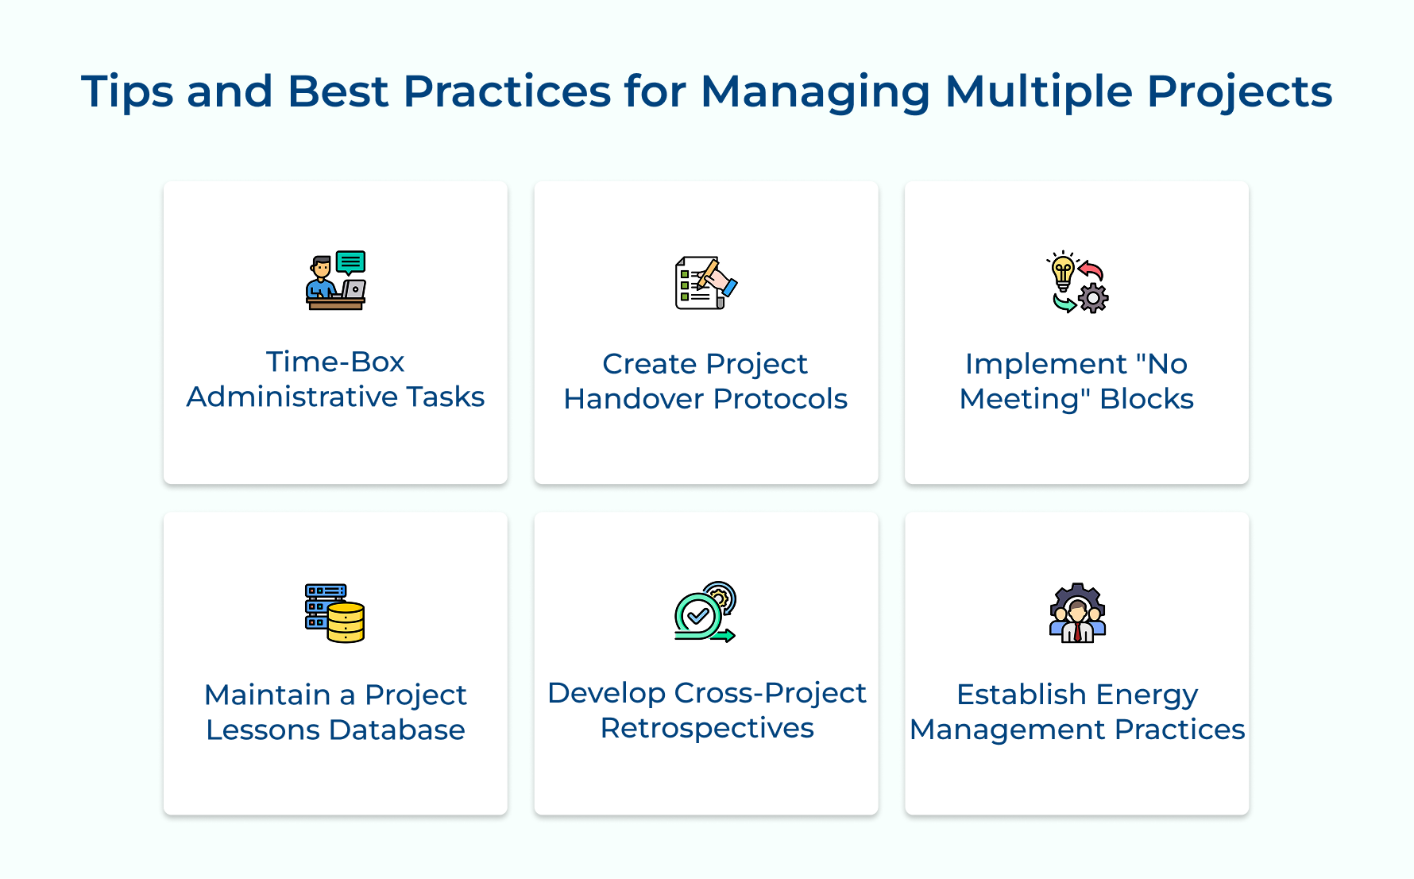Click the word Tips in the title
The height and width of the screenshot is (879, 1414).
127,92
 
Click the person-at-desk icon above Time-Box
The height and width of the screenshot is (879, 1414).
335,281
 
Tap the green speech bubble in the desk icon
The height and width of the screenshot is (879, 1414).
350,261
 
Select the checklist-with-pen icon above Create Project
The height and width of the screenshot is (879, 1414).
705,282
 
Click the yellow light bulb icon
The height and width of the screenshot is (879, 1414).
1063,273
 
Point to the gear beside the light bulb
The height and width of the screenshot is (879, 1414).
1093,298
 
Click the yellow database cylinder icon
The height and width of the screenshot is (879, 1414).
346,622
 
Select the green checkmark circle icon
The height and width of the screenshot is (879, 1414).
698,614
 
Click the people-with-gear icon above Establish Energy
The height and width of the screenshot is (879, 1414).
1077,613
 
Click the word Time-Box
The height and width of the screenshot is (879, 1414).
335,362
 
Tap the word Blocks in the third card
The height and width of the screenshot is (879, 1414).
1146,399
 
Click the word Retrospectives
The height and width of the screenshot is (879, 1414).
706,728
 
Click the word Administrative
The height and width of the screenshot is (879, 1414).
292,397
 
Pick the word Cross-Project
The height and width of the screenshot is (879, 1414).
770,693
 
